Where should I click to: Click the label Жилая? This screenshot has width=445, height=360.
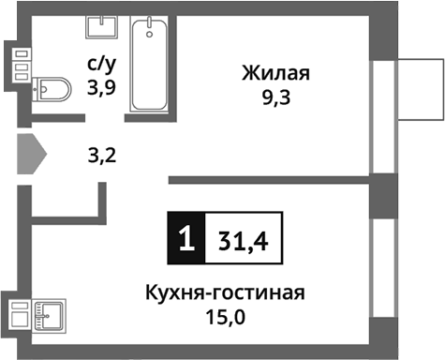(275, 73)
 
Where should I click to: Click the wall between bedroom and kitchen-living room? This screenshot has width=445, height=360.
(272, 178)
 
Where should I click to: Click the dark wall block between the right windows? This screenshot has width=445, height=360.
(383, 194)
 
